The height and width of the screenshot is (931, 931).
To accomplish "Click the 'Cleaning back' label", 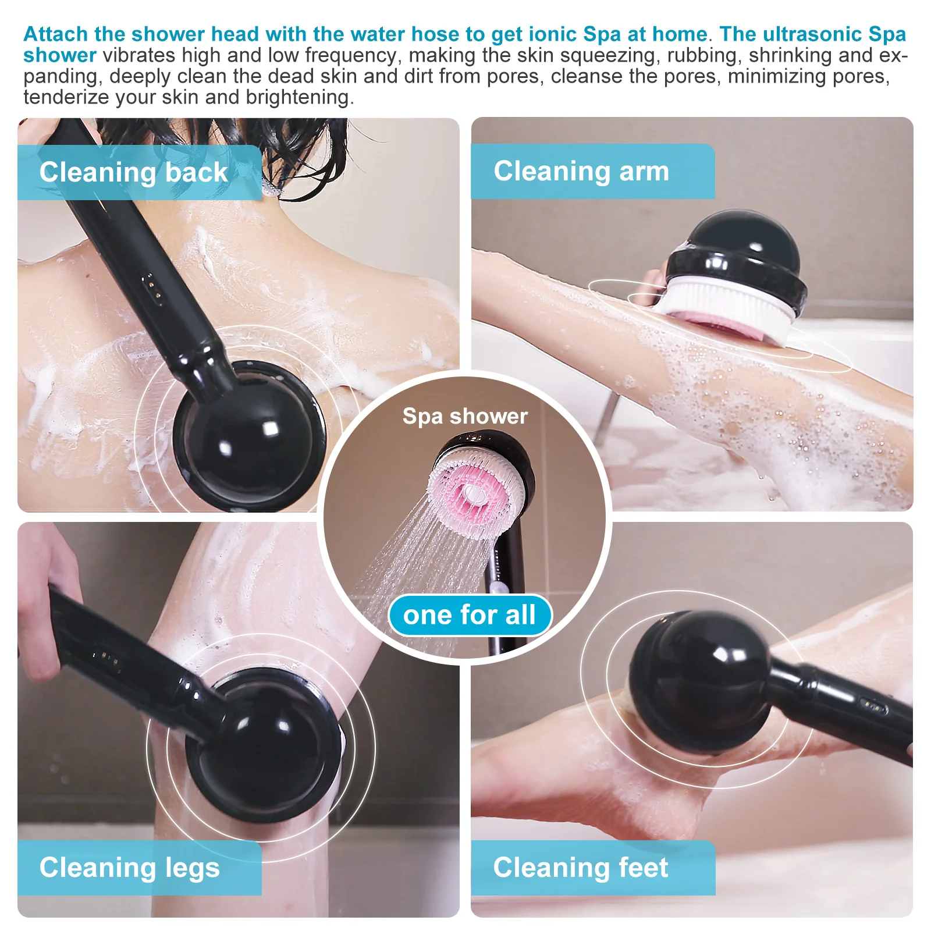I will [134, 173].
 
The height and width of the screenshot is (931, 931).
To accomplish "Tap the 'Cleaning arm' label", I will [582, 172].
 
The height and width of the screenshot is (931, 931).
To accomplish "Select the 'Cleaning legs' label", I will [130, 868].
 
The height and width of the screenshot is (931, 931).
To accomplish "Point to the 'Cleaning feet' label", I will [581, 868].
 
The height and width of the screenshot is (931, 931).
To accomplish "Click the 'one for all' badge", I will [469, 615].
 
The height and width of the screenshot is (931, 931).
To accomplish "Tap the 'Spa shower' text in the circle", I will [465, 416].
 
